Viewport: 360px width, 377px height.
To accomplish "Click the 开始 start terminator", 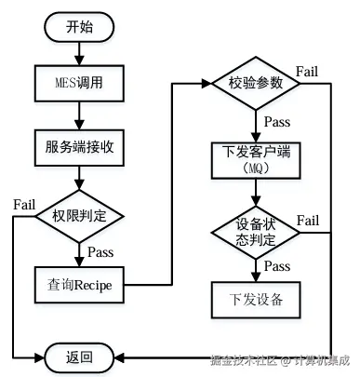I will [80, 27].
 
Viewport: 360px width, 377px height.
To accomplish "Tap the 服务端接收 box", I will [80, 147].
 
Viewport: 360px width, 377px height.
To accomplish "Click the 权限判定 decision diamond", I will [80, 216].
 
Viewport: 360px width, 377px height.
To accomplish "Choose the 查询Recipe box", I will [80, 283].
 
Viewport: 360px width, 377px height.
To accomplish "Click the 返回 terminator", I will [80, 357].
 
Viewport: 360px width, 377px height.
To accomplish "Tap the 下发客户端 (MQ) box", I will [255, 159].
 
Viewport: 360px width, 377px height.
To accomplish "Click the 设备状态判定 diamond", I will [255, 231].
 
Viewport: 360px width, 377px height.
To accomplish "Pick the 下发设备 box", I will [255, 300].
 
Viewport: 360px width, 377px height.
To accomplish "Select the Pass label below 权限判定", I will [100, 251].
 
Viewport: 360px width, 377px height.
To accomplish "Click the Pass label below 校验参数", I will [275, 122].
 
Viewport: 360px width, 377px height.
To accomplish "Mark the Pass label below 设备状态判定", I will [275, 266].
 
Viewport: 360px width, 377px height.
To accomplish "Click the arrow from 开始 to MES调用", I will [80, 53].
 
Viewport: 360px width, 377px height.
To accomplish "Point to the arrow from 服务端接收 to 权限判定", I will [80, 178].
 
